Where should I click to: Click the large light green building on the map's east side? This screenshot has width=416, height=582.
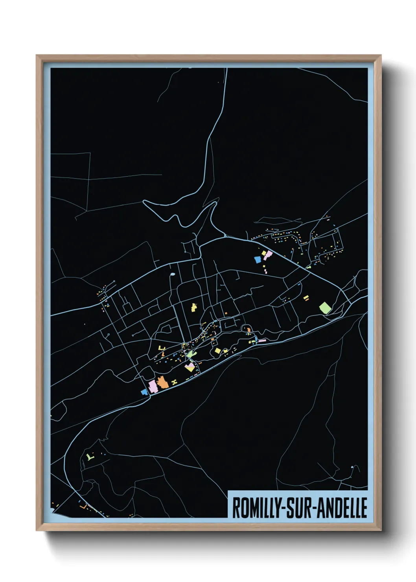click(x=325, y=307)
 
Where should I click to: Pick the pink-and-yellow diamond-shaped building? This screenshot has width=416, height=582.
click(x=190, y=368)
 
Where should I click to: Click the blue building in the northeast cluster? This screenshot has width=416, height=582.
click(x=258, y=260)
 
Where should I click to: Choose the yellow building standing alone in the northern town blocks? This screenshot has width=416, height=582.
click(x=194, y=307)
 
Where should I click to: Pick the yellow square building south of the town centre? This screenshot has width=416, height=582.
click(x=217, y=350)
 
